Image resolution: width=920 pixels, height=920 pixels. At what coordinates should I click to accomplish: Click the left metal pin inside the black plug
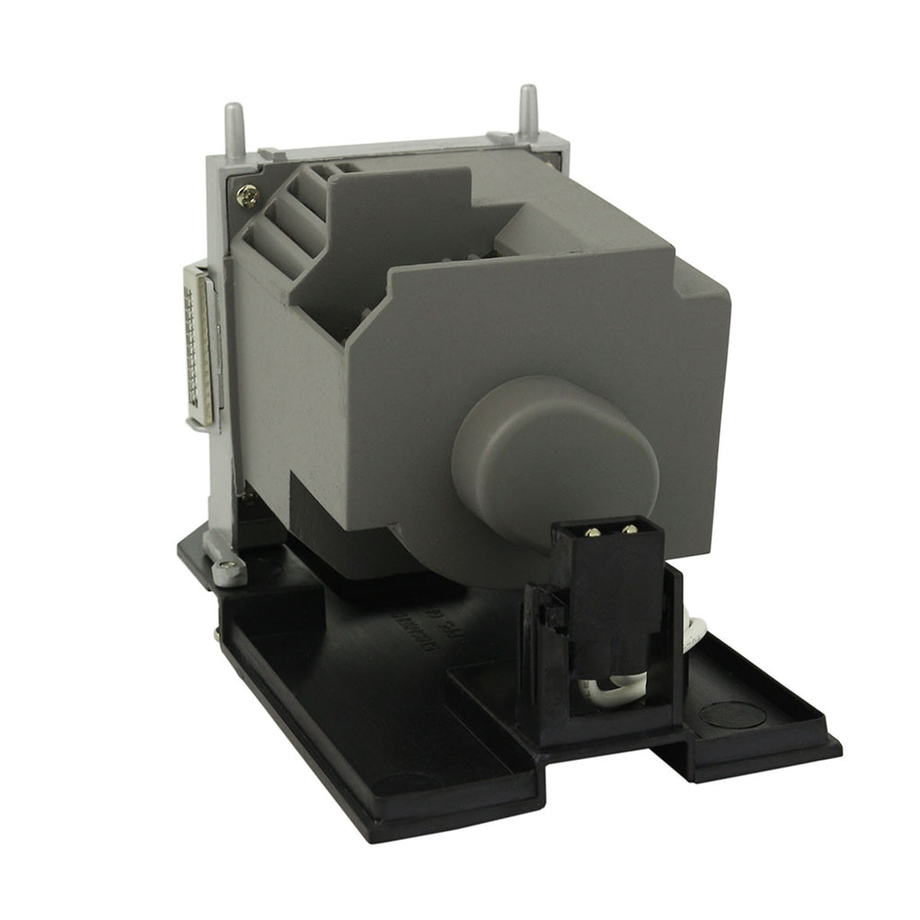coord(591,530)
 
